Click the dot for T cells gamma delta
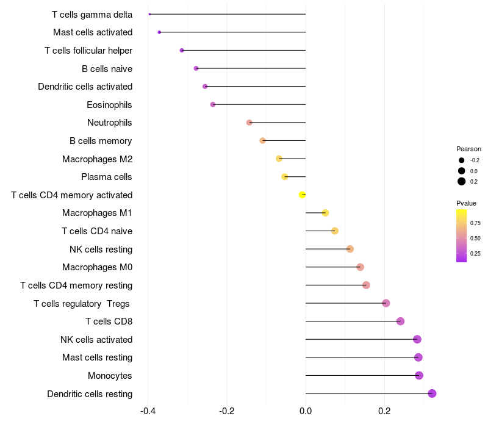click(x=149, y=14)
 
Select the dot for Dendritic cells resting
click(x=432, y=393)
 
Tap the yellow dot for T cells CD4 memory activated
click(x=302, y=195)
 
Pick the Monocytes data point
click(x=419, y=375)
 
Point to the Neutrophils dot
click(x=249, y=123)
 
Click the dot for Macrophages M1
click(x=325, y=213)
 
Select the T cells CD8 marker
click(x=400, y=321)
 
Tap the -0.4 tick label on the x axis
click(x=148, y=411)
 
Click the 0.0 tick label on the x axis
click(x=306, y=411)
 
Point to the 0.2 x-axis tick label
click(x=384, y=411)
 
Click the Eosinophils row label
click(x=109, y=105)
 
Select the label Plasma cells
click(x=107, y=177)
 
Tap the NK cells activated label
click(x=96, y=339)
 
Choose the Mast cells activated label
click(x=93, y=32)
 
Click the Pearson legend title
click(x=468, y=149)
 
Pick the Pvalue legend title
click(x=467, y=203)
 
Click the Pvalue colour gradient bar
click(x=462, y=235)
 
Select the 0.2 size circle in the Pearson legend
click(x=462, y=181)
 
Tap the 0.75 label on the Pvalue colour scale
click(x=475, y=223)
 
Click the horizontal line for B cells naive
click(x=250, y=68)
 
